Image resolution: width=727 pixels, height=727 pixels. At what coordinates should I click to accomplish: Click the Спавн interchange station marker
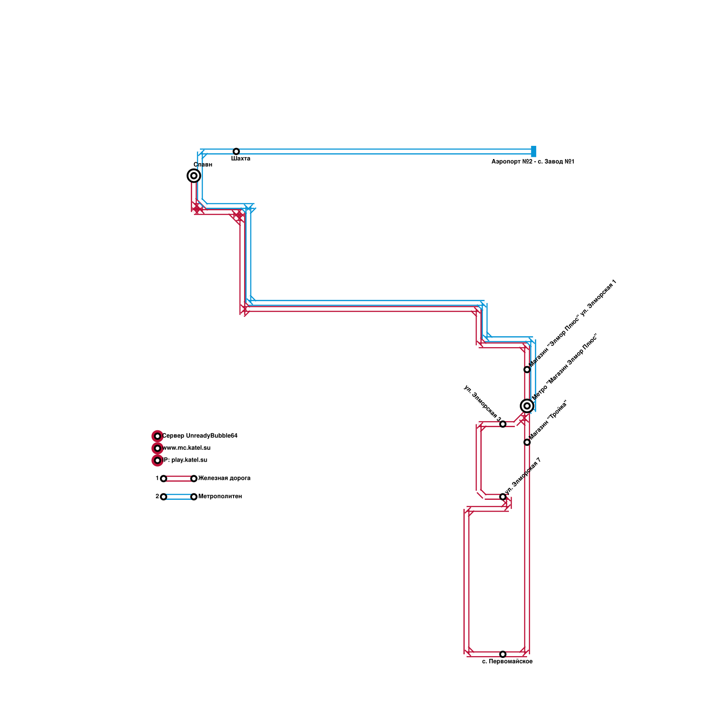tap(194, 175)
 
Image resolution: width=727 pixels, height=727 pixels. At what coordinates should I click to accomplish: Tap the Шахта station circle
tap(236, 151)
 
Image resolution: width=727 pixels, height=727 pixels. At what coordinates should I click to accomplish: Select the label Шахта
tap(240, 159)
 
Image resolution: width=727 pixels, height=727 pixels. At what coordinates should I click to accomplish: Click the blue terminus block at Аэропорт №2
tap(533, 151)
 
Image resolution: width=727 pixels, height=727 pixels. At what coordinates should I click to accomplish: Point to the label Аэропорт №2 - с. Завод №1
tap(533, 162)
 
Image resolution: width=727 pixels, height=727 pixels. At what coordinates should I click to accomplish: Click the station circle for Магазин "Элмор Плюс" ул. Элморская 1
tap(527, 369)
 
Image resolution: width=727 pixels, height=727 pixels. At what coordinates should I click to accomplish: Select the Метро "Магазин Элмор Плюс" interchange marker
tap(527, 406)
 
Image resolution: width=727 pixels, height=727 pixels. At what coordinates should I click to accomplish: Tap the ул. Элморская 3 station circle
tap(503, 424)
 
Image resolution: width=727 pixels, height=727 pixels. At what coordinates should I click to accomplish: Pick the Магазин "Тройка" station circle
tap(527, 442)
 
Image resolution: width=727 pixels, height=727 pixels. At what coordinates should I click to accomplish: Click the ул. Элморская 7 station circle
tap(503, 497)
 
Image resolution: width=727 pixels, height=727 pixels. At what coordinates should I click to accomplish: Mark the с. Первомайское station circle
tap(503, 654)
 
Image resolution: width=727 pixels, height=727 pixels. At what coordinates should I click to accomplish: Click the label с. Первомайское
tap(507, 662)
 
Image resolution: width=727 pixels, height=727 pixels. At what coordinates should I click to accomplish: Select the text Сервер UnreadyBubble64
tap(199, 436)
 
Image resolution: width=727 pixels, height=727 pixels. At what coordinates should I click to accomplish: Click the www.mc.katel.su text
tap(186, 448)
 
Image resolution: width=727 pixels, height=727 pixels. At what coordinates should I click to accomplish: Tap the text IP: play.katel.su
tap(184, 460)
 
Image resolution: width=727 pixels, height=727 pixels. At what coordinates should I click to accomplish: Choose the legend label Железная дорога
tap(224, 478)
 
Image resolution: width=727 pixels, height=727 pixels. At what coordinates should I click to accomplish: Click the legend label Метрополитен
tap(220, 497)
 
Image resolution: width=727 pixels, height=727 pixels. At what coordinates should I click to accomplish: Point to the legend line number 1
tap(157, 478)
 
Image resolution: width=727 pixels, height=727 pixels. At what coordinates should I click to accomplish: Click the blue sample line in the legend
tap(179, 497)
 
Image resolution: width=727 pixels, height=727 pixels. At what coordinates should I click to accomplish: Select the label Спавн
tap(203, 165)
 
